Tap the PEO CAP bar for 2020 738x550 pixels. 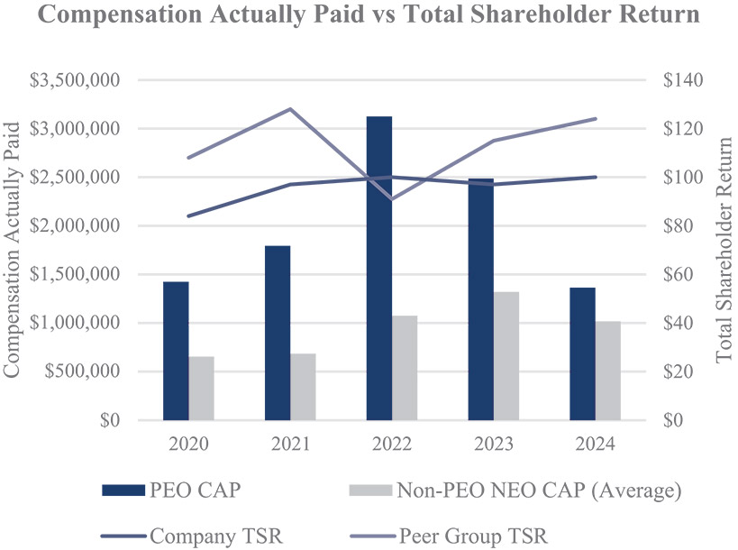point(176,351)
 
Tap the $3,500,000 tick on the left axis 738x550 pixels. point(77,80)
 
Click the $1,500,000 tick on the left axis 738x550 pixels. point(77,274)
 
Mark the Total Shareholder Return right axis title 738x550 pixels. point(724,250)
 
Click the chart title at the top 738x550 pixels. point(369,16)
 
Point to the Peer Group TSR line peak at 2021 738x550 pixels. point(290,109)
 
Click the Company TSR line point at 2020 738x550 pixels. point(188,216)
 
